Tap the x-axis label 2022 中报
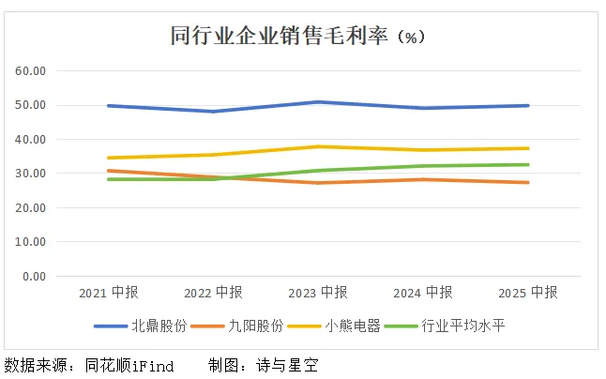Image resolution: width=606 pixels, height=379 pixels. pyautogui.click(x=213, y=292)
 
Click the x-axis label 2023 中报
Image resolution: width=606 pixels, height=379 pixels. pyautogui.click(x=318, y=292)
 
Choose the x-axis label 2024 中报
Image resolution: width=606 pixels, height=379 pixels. pyautogui.click(x=423, y=292)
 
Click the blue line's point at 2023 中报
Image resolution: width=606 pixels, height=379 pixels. pyautogui.click(x=318, y=101)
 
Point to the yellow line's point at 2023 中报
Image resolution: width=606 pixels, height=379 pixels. pyautogui.click(x=318, y=146)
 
